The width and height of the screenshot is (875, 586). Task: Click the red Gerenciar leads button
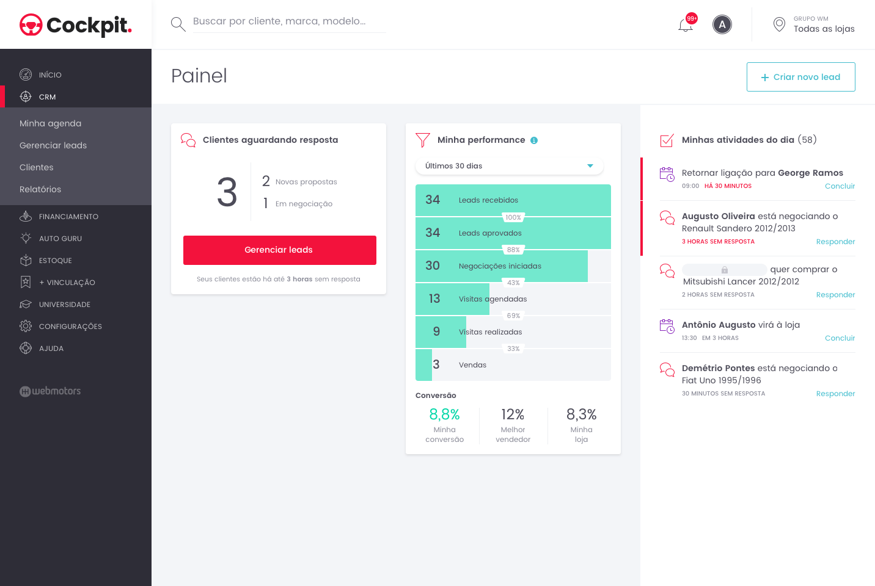(x=279, y=250)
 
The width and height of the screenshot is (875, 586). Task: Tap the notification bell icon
(x=686, y=25)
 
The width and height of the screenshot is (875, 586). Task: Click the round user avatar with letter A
(x=722, y=25)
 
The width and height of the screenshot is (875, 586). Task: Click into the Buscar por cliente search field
(x=288, y=21)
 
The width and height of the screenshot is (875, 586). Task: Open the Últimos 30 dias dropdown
(x=509, y=166)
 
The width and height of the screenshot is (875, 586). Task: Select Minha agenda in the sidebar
(x=51, y=123)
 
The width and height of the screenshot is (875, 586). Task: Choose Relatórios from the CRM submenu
(x=40, y=189)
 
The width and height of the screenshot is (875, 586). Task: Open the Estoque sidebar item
(x=55, y=261)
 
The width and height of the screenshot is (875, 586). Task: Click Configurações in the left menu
(x=70, y=327)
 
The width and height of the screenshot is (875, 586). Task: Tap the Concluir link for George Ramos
(x=840, y=186)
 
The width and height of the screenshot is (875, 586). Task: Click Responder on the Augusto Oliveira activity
(x=835, y=242)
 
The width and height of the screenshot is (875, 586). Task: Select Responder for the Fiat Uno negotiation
(x=835, y=394)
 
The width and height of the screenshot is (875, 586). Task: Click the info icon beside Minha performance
(x=534, y=140)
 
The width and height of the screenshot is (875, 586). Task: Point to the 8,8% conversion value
(x=444, y=414)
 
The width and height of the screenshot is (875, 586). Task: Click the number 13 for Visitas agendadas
(x=434, y=298)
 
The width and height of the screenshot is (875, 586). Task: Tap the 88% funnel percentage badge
(x=513, y=250)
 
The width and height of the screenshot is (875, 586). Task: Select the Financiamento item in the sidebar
(x=68, y=217)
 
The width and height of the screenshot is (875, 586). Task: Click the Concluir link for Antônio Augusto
(x=840, y=338)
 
